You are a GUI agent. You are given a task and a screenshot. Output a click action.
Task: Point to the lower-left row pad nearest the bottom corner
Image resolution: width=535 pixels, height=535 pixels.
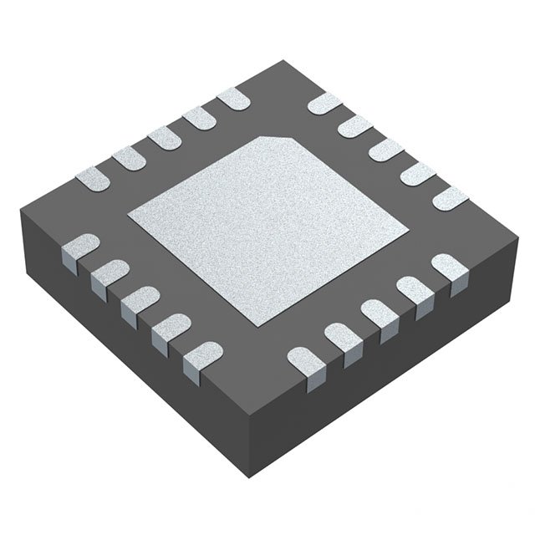point(198,358)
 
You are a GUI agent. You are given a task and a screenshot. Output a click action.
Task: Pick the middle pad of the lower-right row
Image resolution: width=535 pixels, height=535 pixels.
point(376,316)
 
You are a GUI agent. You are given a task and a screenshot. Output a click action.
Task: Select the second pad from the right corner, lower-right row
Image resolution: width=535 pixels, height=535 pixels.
point(413,293)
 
